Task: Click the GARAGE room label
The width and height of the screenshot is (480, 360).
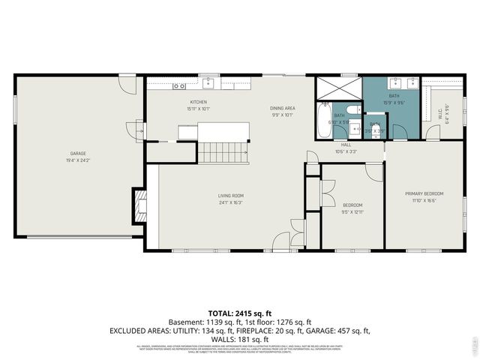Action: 78,154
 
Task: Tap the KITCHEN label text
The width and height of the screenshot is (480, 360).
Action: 198,102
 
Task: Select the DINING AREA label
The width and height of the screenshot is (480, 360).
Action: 283,109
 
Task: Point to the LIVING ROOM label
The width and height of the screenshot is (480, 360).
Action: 230,196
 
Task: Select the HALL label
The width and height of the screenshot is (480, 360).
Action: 346,145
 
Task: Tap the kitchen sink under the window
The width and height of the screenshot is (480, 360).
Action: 207,82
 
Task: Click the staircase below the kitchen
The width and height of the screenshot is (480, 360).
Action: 223,153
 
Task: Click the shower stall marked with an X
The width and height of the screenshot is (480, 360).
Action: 337,88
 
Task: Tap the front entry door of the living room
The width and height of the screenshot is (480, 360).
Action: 281,241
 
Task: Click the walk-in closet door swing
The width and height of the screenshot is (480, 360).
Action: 433,133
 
